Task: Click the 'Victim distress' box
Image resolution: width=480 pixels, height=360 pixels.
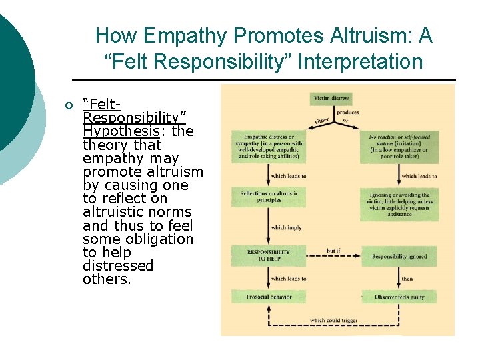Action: click(331, 99)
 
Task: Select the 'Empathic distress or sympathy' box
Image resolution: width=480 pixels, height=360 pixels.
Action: click(269, 147)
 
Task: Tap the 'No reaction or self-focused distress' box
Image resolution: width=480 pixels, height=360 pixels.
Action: click(399, 146)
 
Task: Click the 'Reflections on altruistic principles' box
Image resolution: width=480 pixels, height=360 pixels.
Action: click(269, 197)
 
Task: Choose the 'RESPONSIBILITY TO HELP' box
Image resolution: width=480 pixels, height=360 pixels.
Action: click(269, 255)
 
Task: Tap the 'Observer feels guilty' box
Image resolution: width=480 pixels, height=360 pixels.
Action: click(399, 296)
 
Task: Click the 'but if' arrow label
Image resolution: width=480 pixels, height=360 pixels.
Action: click(334, 251)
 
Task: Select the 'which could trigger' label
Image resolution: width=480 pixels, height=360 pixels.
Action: click(333, 320)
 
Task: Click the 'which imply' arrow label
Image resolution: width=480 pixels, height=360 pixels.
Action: click(286, 227)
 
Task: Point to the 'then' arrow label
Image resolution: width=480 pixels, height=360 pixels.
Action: click(407, 279)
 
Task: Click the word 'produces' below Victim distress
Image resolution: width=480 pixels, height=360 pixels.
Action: click(347, 113)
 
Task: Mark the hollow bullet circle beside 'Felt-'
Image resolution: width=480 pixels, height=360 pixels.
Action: click(68, 105)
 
